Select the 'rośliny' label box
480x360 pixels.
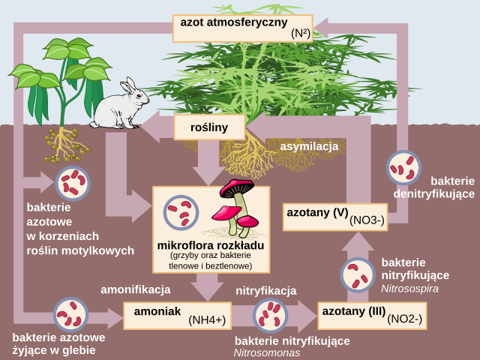210,127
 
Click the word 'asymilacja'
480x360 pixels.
310,146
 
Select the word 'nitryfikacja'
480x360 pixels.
267,291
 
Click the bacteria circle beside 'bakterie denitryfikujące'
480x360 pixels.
404,168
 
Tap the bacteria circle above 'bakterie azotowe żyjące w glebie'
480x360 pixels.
70,316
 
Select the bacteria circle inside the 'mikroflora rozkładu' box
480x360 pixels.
181,213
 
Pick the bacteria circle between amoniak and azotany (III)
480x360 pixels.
270,316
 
